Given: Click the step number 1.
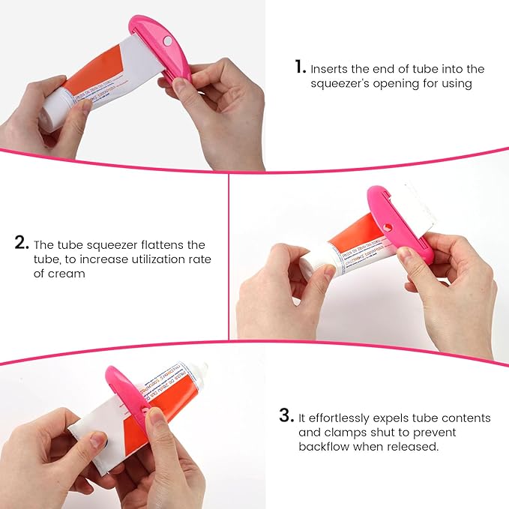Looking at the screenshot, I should (299, 67).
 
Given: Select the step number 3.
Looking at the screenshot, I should (285, 415).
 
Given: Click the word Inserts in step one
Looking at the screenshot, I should (330, 69).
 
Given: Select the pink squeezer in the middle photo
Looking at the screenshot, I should (396, 225).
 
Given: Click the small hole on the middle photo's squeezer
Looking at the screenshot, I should (387, 227).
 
